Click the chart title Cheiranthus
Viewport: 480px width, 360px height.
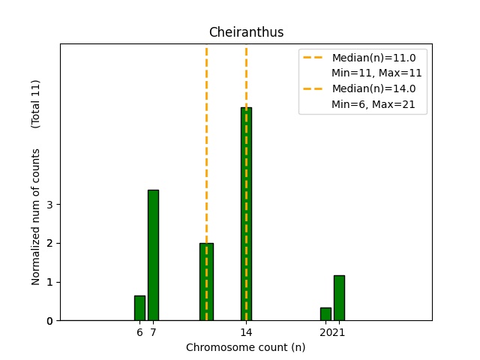pyautogui.click(x=246, y=32)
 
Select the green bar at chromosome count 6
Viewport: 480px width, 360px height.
pyautogui.click(x=139, y=308)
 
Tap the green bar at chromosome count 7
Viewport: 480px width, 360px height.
pyautogui.click(x=153, y=255)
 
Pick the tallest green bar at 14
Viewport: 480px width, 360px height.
pyautogui.click(x=246, y=214)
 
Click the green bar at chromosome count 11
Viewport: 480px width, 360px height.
pyautogui.click(x=206, y=281)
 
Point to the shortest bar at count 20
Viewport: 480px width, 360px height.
pyautogui.click(x=325, y=314)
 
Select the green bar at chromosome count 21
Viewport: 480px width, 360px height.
pyautogui.click(x=339, y=298)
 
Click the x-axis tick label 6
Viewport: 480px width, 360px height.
pyautogui.click(x=139, y=331)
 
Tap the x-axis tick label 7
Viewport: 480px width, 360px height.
pyautogui.click(x=153, y=331)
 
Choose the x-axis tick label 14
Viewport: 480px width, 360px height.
pyautogui.click(x=246, y=331)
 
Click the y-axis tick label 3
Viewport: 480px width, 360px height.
pyautogui.click(x=49, y=205)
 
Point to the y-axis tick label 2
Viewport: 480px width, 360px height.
pyautogui.click(x=49, y=243)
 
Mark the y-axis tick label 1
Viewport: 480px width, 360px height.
pyautogui.click(x=49, y=282)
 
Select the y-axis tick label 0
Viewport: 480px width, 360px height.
pyautogui.click(x=49, y=321)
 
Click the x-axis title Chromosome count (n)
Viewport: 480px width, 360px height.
pyautogui.click(x=246, y=347)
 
